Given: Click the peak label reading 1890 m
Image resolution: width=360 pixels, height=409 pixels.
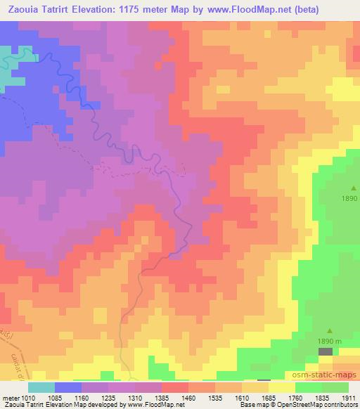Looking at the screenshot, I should (329, 340).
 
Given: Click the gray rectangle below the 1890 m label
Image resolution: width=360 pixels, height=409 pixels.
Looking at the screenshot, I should (326, 350).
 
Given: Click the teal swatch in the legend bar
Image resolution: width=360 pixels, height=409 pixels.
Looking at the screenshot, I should (41, 387).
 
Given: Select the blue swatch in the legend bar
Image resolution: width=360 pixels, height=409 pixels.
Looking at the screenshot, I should (68, 387).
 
